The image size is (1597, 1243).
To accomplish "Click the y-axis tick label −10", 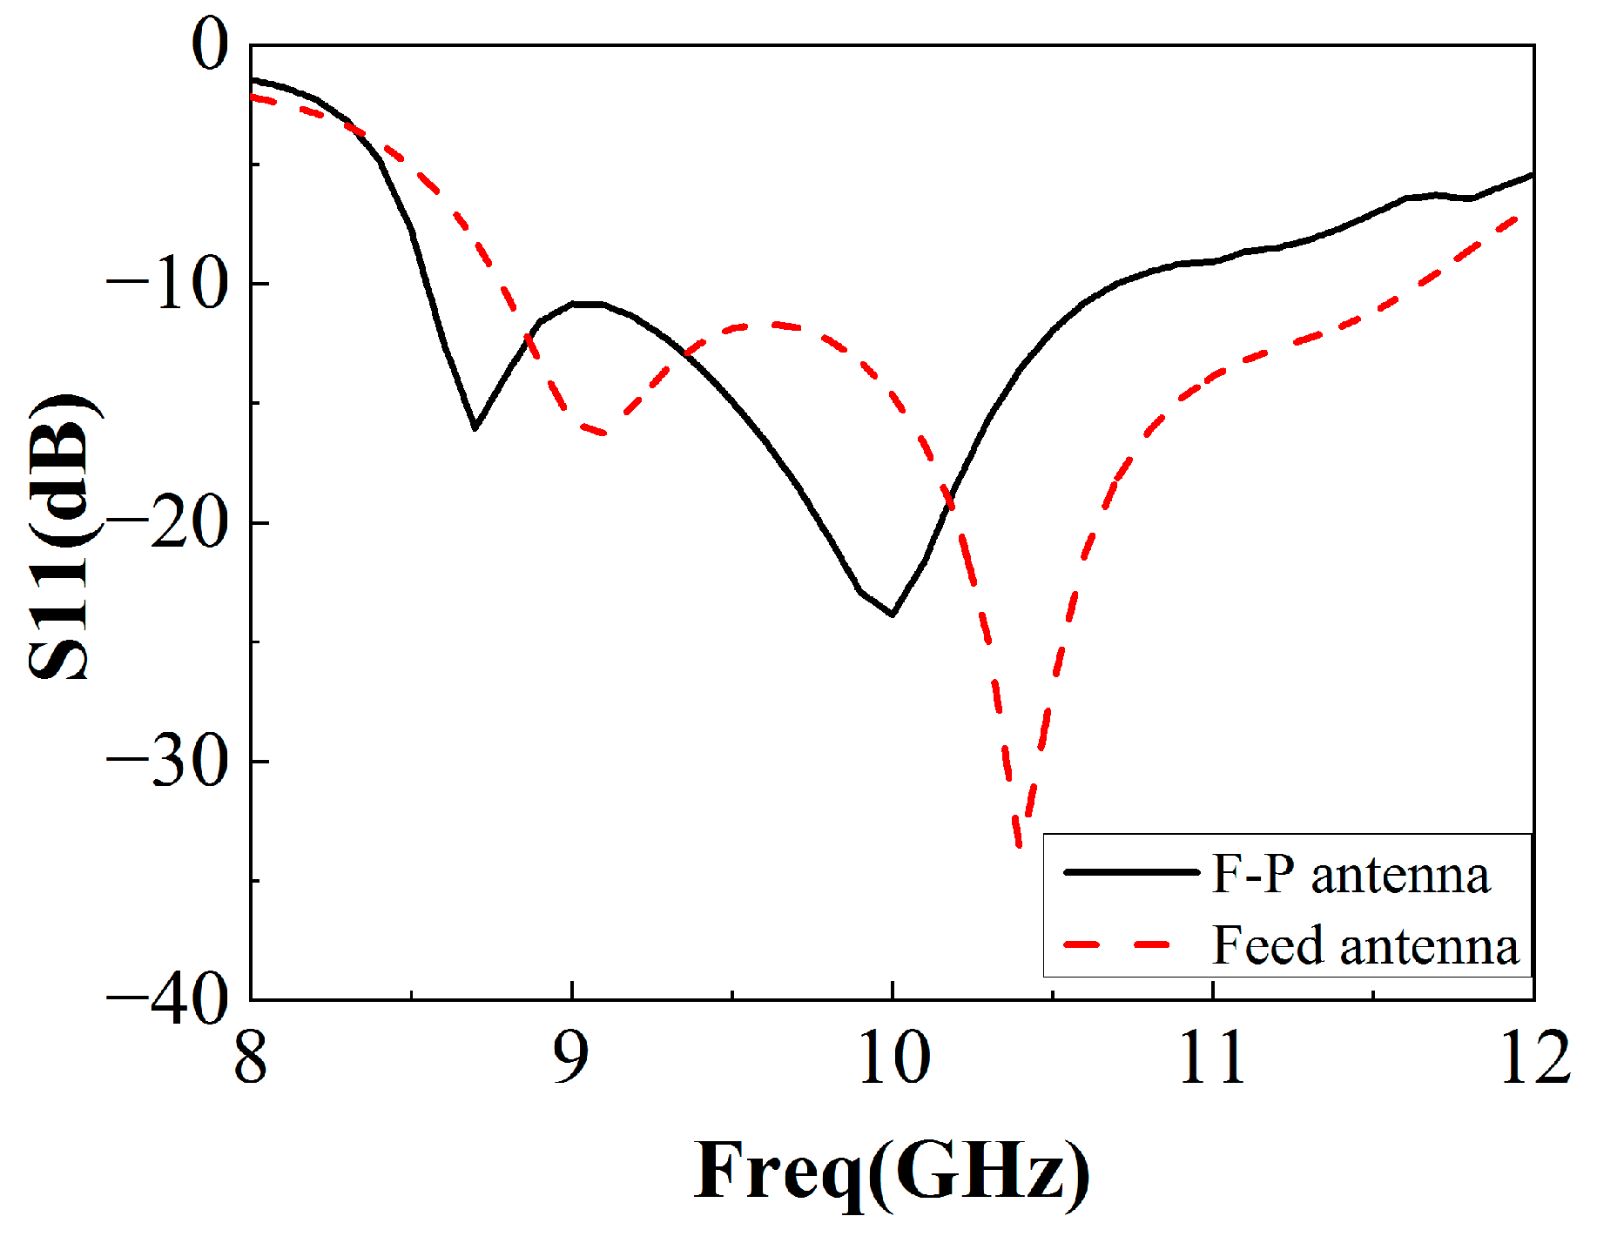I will click(x=165, y=285).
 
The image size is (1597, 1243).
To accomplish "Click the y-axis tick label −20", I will click(x=165, y=523).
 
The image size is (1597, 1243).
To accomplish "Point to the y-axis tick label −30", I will click(x=165, y=762).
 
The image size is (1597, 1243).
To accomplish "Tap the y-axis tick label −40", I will click(x=165, y=1002).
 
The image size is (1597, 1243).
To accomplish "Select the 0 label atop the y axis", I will click(x=209, y=45).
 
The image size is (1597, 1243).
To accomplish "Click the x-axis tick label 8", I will click(x=250, y=1058).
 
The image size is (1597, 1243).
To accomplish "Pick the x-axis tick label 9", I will click(x=571, y=1058).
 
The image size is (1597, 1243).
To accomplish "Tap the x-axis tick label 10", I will click(x=893, y=1058).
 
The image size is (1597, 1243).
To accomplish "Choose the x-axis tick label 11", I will click(x=1212, y=1058).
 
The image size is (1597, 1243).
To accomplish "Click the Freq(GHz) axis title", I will click(x=892, y=1172).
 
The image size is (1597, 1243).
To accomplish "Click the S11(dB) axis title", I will click(x=61, y=535).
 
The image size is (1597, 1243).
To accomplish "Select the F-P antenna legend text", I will click(x=1350, y=874).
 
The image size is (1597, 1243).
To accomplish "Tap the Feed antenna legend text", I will click(x=1365, y=945).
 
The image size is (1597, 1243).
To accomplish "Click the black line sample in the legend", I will click(x=1130, y=872).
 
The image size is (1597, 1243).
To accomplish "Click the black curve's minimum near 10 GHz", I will click(x=893, y=615).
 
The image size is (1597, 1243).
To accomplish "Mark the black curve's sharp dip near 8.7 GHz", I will click(x=475, y=427).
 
